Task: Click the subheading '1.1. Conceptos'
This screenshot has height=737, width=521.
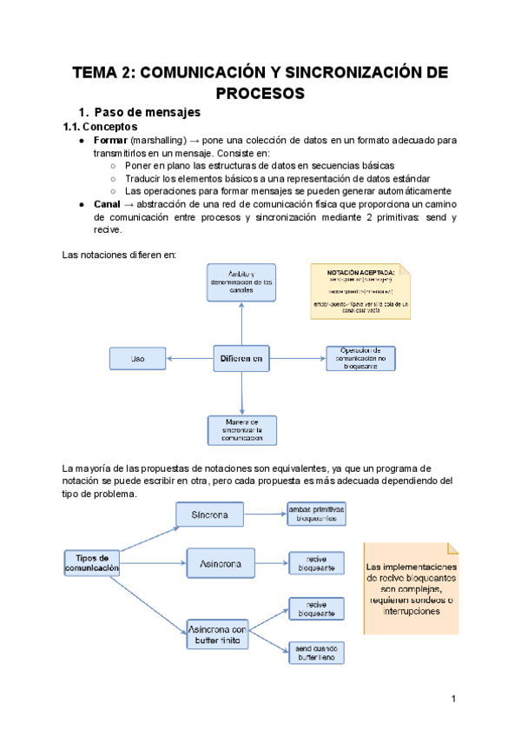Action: [x=100, y=127]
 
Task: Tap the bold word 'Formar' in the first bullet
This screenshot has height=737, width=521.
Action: [x=110, y=140]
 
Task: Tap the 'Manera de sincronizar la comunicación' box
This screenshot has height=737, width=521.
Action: [x=241, y=429]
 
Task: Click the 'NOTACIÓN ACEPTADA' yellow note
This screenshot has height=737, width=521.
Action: [x=359, y=291]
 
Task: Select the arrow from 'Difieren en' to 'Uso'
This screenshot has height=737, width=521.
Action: [x=190, y=357]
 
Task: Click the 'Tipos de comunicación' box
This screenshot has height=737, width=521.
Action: [x=91, y=562]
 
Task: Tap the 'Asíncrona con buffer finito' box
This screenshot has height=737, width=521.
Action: [x=219, y=635]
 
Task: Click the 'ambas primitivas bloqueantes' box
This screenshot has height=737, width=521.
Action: [x=316, y=513]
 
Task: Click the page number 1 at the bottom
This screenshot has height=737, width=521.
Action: [x=453, y=699]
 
